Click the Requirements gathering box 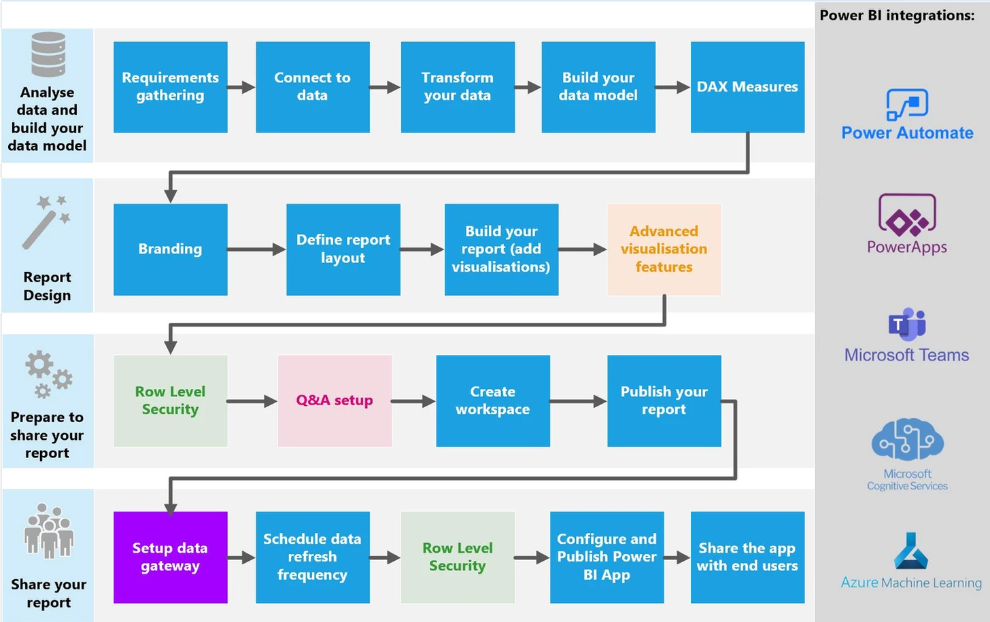pyautogui.click(x=170, y=87)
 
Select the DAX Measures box pyautogui.click(x=747, y=87)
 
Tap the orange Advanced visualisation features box pyautogui.click(x=664, y=249)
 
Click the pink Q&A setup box pyautogui.click(x=335, y=401)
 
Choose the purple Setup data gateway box pyautogui.click(x=170, y=557)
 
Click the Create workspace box pyautogui.click(x=493, y=401)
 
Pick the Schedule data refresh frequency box pyautogui.click(x=313, y=557)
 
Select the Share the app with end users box pyautogui.click(x=747, y=557)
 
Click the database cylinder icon pyautogui.click(x=48, y=54)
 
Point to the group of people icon pyautogui.click(x=48, y=531)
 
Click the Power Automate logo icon pyautogui.click(x=907, y=105)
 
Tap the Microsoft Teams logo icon pyautogui.click(x=907, y=324)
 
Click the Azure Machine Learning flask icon pyautogui.click(x=910, y=551)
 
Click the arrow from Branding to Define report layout pyautogui.click(x=256, y=249)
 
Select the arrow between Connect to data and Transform pyautogui.click(x=385, y=87)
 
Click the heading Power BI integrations pyautogui.click(x=897, y=15)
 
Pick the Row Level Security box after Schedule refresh pyautogui.click(x=458, y=557)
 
